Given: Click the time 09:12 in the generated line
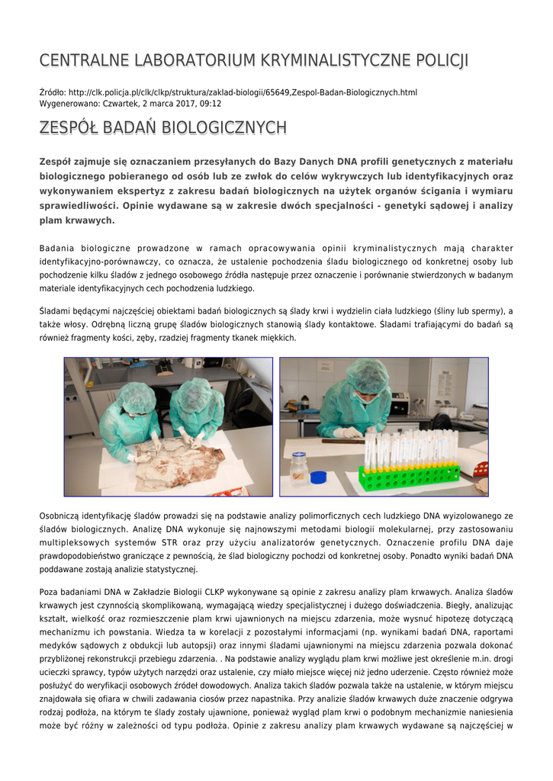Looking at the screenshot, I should (x=210, y=103).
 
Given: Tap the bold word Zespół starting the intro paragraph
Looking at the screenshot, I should (x=59, y=162).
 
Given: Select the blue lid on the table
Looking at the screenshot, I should (x=319, y=477).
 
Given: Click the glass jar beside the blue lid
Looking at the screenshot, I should (x=299, y=468).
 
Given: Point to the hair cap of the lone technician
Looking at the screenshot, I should (x=368, y=376).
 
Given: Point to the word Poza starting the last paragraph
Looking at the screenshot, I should (x=50, y=592).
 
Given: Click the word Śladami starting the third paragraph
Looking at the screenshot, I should (x=56, y=311).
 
